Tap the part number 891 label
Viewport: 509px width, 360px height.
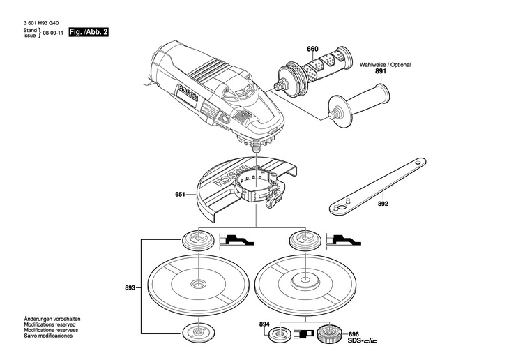pyautogui.click(x=380, y=71)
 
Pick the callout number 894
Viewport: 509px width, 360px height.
pyautogui.click(x=264, y=324)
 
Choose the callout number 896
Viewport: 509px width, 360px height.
pyautogui.click(x=354, y=333)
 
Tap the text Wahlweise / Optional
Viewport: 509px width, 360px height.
pyautogui.click(x=385, y=63)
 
